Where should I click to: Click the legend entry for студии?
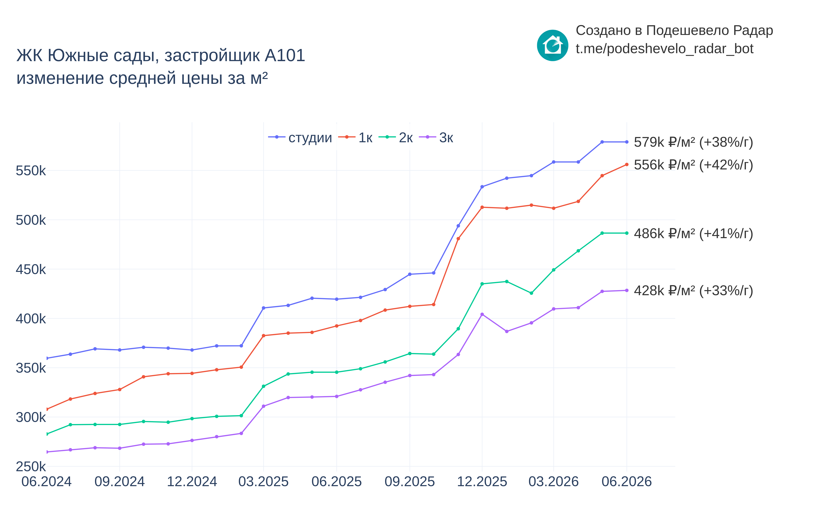pos(300,137)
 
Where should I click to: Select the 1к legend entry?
pos(355,137)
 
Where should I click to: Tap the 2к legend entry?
pos(396,137)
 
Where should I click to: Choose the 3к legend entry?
pos(436,137)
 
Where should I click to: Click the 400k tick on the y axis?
pos(31,319)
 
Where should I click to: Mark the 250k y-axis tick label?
pos(31,467)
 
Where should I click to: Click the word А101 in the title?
pos(285,56)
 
